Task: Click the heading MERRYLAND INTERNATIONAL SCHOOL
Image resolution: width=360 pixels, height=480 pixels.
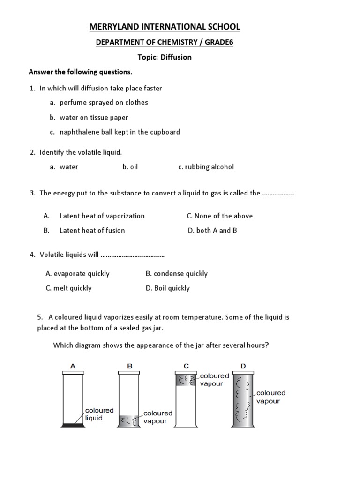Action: pos(165,27)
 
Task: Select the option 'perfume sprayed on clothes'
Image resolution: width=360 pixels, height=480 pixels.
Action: pos(104,102)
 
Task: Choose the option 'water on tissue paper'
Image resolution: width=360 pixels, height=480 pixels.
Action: pos(94,117)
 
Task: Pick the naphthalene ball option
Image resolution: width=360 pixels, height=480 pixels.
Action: pos(120,132)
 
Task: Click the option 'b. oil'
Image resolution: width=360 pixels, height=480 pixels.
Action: pos(130,167)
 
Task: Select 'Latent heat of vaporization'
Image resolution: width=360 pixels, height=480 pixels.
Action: pos(102,216)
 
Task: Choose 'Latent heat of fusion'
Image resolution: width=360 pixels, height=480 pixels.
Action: pos(92,230)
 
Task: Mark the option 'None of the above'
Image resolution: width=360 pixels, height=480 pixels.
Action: pos(219,216)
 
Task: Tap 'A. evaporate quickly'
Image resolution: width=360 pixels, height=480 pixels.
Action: pos(77,273)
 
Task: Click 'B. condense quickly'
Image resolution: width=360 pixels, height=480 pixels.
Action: pos(176,273)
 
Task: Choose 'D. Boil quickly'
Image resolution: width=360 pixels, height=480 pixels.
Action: pos(167,288)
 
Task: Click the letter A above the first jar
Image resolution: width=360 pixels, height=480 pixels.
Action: pos(73,367)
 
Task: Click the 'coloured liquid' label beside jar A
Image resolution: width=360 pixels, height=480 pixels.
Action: pos(99,414)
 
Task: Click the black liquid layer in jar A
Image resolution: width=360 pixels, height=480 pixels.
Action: pos(73,425)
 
